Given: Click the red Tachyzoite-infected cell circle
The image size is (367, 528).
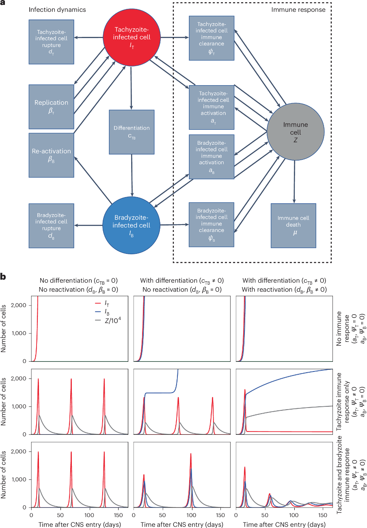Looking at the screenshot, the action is [x=132, y=37].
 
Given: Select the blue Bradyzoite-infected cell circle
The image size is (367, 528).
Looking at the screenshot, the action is [x=131, y=225].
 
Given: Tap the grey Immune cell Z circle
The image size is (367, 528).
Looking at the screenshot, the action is [x=296, y=132].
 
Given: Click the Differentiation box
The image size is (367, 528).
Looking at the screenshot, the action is [x=132, y=132].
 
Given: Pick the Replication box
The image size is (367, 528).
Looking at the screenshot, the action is [x=52, y=107].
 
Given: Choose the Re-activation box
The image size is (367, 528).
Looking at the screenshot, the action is [x=52, y=155].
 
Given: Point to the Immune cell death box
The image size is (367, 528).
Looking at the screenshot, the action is [x=294, y=225].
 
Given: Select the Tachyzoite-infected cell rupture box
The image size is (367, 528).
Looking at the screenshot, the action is [x=52, y=42].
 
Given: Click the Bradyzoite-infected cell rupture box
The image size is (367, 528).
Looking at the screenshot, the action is [x=52, y=226].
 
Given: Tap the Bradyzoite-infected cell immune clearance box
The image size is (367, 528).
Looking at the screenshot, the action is [x=212, y=225].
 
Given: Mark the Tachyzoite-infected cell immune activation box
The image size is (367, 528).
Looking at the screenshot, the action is [x=212, y=107].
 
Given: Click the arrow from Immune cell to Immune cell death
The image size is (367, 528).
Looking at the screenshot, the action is [x=294, y=182].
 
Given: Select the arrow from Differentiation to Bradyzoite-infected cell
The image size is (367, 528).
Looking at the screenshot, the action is [x=132, y=176].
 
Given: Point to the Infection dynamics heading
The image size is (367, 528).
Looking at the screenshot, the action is [x=57, y=10].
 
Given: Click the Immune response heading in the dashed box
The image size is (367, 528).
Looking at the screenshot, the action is [x=298, y=10].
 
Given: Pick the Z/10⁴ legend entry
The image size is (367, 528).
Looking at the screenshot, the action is [x=108, y=320].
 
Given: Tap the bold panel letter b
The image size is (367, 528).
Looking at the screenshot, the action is [x=3, y=277].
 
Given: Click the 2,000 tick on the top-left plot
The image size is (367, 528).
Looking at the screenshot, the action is [x=18, y=305].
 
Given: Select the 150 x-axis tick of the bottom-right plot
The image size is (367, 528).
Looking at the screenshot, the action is [x=323, y=515].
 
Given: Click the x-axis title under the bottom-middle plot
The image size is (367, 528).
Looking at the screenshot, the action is [x=182, y=524].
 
